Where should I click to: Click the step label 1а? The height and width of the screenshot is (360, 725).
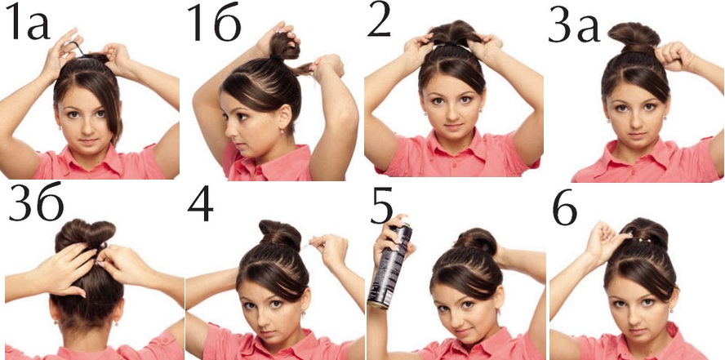click(28, 22)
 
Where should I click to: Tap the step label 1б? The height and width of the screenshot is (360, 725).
click(215, 22)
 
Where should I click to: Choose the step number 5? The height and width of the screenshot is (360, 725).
click(381, 205)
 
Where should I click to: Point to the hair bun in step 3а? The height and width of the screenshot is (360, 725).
click(634, 38)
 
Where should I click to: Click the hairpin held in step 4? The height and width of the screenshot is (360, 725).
click(306, 246)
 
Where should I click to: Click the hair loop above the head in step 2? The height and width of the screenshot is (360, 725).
click(453, 33)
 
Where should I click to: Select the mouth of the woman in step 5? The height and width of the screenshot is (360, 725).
click(465, 331)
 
